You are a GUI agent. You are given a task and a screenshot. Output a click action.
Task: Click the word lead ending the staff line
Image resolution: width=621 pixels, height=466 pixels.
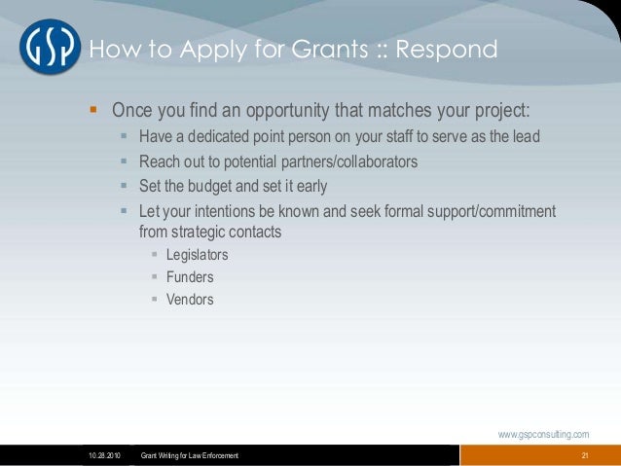point(522,136)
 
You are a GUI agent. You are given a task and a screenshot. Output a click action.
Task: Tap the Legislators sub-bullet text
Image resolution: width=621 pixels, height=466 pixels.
point(198,255)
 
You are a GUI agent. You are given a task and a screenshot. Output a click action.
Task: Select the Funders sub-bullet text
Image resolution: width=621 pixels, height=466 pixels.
point(190,277)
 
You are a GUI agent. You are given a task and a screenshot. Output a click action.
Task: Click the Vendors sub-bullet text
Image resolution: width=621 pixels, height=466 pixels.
point(190,300)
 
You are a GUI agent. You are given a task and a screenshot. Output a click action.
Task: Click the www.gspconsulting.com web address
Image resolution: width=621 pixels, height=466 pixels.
point(543,434)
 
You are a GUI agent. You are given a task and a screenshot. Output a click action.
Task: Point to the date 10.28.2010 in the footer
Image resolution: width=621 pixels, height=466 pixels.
point(102,456)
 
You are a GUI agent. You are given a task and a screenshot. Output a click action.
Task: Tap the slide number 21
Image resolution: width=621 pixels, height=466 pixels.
point(585,456)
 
